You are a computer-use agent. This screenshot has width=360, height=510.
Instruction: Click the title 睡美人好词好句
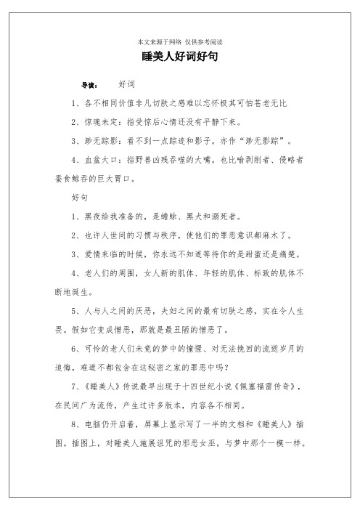(179, 56)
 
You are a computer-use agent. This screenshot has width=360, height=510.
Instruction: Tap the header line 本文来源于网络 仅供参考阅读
(179, 41)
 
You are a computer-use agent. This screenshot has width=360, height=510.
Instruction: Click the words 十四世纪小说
(205, 386)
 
